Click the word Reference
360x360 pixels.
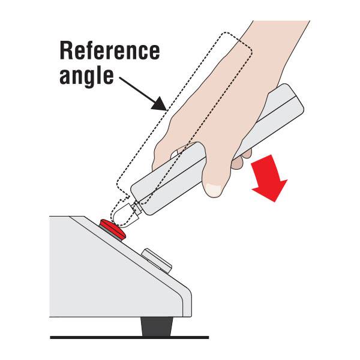110,50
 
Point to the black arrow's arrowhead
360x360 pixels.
160,104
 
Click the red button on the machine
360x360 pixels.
113,229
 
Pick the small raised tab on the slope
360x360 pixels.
157,260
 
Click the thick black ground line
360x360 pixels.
130,337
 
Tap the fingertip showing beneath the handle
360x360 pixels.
237,163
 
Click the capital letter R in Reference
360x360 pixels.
66,50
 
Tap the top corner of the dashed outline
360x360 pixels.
226,32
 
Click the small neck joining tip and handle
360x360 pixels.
137,208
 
